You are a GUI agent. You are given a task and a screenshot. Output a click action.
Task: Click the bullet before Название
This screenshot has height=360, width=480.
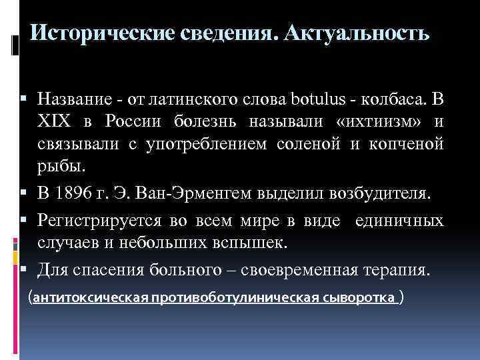[23, 100]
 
